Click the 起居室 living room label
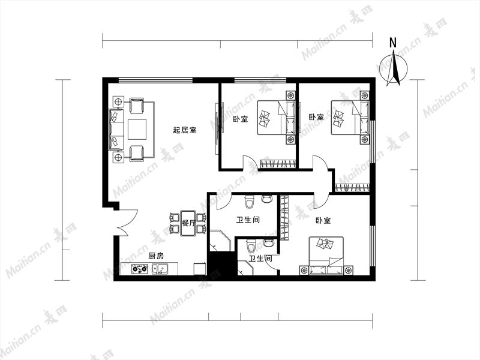point(185,130)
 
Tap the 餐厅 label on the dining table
point(188,223)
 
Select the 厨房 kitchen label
point(156,256)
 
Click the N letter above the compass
point(393,43)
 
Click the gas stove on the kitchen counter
point(140,269)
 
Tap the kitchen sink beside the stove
point(160,269)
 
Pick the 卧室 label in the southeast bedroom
point(323,220)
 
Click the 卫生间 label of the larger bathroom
point(248,220)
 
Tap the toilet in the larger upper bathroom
point(250,202)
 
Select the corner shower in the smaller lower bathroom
point(245,267)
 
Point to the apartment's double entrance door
point(126,223)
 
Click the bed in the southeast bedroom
point(326,256)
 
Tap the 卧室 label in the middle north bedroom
point(241,119)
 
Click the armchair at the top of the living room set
point(137,106)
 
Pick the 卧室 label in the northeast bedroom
point(316,117)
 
